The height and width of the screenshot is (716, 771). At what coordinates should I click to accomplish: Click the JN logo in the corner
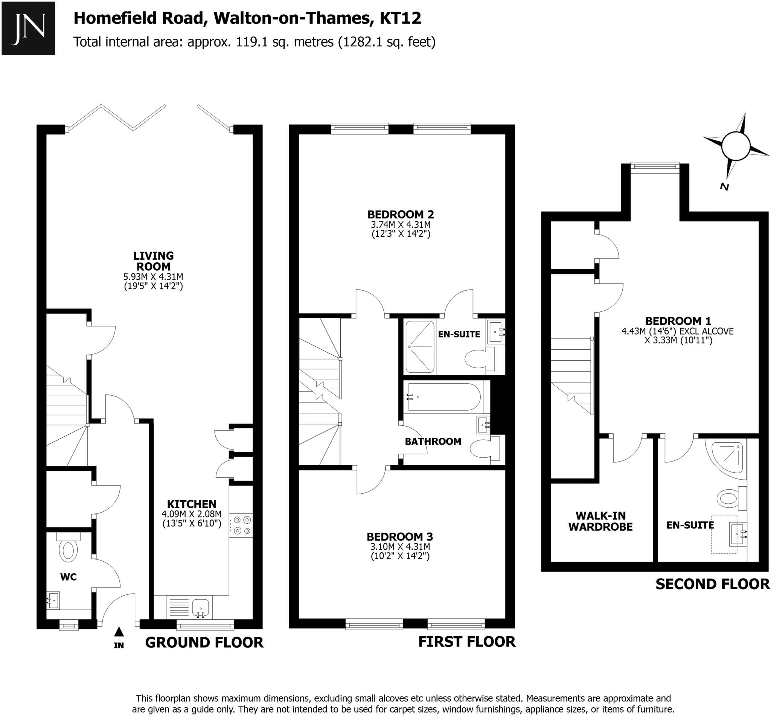[28, 28]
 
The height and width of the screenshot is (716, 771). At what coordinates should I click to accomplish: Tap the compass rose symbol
[736, 146]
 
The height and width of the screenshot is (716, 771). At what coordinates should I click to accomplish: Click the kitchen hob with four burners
[241, 525]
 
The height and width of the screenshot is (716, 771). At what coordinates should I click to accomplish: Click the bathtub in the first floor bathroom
[444, 396]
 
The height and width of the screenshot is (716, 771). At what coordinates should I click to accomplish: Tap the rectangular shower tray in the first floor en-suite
[420, 347]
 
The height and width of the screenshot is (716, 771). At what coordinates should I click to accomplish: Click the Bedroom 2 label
[400, 214]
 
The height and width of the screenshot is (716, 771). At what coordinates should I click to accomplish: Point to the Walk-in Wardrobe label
[600, 521]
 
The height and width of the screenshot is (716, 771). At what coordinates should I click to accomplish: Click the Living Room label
[154, 261]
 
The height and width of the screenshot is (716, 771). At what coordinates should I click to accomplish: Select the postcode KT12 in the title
[400, 18]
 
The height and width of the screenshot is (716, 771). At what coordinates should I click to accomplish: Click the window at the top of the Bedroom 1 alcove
[655, 166]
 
